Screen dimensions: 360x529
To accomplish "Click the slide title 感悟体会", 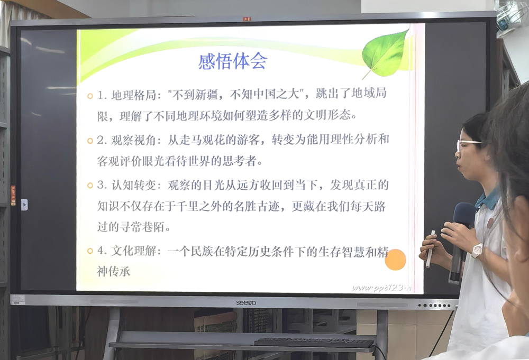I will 232,61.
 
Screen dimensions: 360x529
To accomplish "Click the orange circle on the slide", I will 395,260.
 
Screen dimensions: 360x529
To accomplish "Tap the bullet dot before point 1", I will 90,96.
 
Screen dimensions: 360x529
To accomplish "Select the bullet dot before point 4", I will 90,252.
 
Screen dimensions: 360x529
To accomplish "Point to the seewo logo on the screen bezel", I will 245,302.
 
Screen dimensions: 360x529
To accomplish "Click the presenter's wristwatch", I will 477,250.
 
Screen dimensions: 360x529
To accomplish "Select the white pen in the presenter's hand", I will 430,248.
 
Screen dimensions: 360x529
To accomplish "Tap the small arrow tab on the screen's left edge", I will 24,205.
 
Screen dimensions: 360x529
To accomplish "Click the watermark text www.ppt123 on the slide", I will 381,288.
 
